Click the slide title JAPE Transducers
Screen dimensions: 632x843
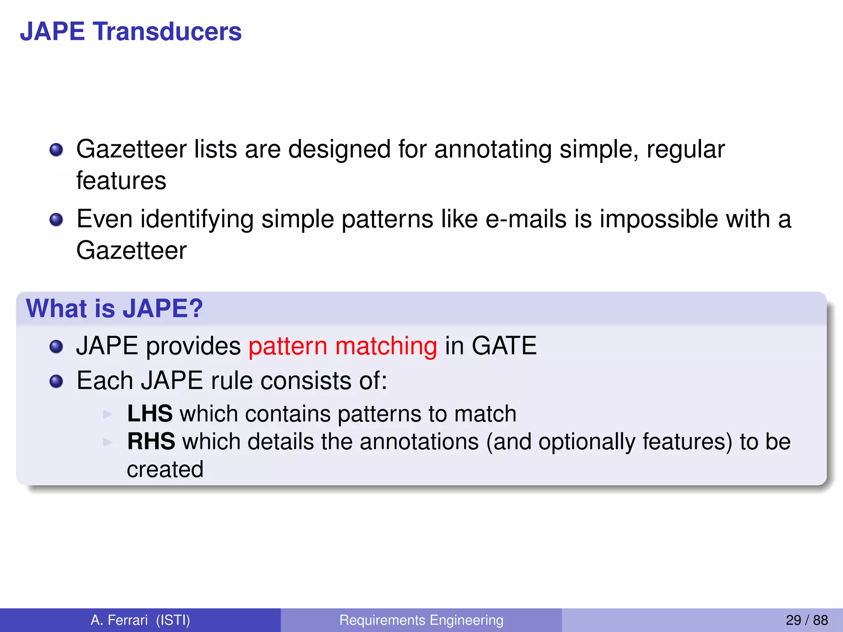(130, 32)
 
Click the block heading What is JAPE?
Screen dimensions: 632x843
(114, 308)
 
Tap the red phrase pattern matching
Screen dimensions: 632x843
(342, 346)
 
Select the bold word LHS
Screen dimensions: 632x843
(150, 414)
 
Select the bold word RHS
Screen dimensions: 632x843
(151, 441)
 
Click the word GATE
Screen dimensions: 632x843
(504, 346)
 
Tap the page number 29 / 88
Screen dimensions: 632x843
(806, 620)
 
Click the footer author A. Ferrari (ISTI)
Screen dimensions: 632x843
(140, 620)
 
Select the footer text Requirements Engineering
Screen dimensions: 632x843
(421, 620)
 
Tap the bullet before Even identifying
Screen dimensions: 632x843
(56, 220)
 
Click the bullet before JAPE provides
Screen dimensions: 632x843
(56, 346)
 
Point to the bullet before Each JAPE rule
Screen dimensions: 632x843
(56, 381)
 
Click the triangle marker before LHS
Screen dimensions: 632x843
(108, 414)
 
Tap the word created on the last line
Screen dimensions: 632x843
(165, 469)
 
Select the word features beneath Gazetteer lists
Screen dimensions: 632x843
(121, 181)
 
